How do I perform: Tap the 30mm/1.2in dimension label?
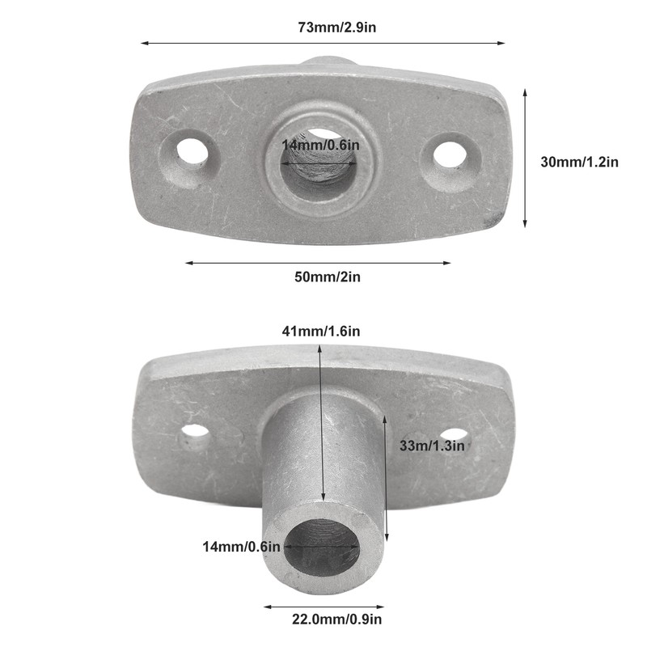coord(579,162)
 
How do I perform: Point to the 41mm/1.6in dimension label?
coord(321,331)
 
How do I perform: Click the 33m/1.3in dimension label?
coord(433,445)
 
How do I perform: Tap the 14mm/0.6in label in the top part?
coord(319,145)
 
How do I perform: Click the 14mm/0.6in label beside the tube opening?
coord(241,547)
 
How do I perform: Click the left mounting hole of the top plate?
coord(191,150)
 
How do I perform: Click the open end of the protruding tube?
coord(321,547)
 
